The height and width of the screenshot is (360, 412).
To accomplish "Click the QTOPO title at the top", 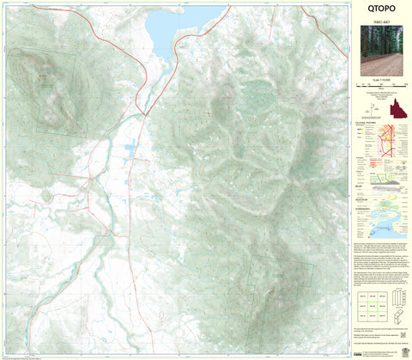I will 380,11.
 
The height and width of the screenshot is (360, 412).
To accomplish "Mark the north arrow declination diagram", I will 375,107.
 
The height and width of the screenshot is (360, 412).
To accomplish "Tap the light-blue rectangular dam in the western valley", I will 130,147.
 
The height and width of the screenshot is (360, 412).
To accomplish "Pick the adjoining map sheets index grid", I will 372,304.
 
